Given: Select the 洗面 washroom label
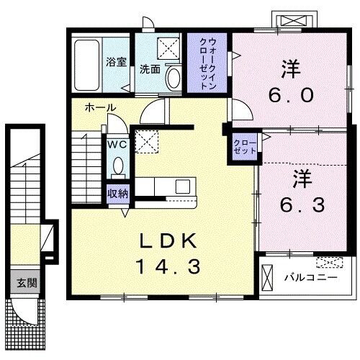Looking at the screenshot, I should (x=149, y=70).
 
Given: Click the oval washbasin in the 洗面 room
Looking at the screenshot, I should (x=173, y=76).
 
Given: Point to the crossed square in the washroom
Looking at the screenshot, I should (x=171, y=49).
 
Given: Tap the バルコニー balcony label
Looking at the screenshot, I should (x=307, y=276).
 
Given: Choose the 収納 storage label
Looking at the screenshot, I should (x=118, y=193).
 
